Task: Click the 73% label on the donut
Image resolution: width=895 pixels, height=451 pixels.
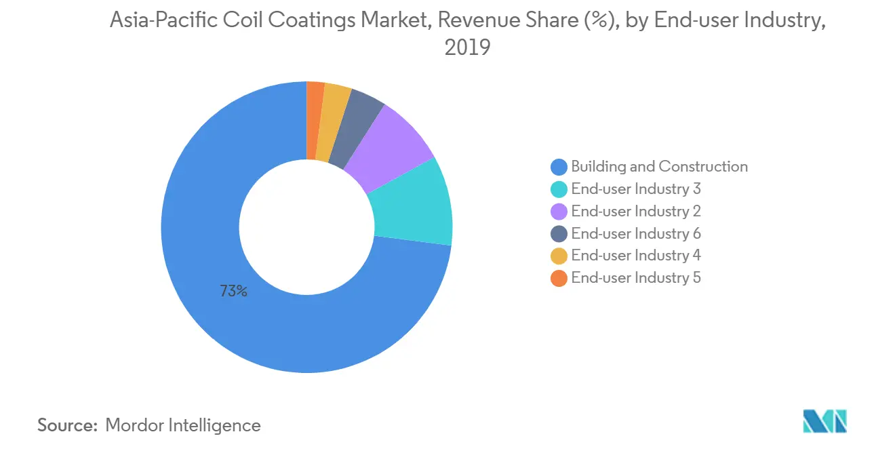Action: tap(233, 292)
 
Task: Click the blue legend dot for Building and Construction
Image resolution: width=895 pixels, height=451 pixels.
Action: tap(559, 167)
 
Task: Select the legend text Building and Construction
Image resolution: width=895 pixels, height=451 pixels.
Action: tap(659, 167)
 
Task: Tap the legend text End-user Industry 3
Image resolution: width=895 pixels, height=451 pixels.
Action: tap(635, 189)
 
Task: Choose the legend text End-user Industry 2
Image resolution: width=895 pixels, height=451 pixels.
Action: tap(635, 212)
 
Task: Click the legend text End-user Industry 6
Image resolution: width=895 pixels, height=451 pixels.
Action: tap(635, 234)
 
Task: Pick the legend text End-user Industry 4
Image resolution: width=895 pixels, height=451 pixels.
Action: tap(635, 256)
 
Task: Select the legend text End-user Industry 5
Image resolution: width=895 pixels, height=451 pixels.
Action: tap(635, 278)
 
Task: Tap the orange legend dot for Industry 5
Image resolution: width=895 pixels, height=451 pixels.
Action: tap(559, 278)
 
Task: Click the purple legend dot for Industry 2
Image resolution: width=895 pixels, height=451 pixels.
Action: tap(559, 212)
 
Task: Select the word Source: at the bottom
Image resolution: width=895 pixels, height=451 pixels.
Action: tap(67, 425)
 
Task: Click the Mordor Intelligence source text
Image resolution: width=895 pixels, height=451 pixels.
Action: tap(183, 425)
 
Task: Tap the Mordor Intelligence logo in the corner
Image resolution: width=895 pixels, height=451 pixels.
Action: tap(824, 421)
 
